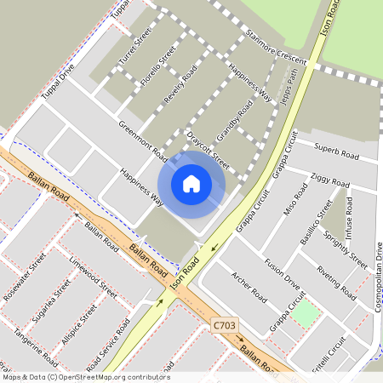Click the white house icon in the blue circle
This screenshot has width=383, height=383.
[x=191, y=183]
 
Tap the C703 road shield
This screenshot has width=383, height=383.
[x=223, y=325]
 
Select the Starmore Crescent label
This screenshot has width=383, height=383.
[x=275, y=48]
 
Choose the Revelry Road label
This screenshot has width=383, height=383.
[x=180, y=84]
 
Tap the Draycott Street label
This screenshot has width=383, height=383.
[x=209, y=150]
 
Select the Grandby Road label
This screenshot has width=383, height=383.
[x=234, y=122]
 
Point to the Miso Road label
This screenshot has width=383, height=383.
[x=296, y=204]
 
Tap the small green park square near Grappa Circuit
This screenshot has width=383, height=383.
[x=306, y=313]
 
